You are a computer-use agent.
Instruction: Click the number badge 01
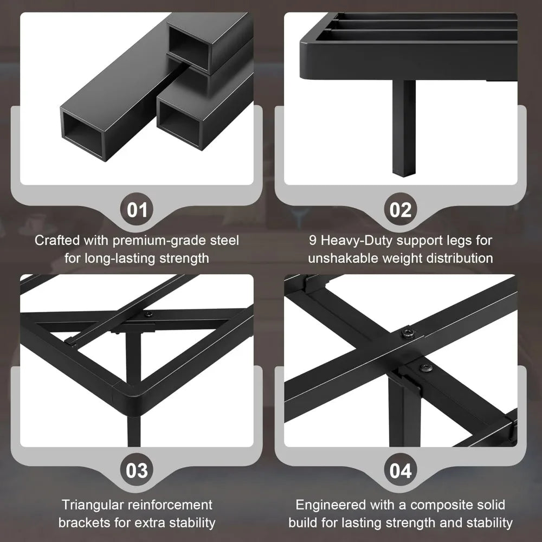(137, 210)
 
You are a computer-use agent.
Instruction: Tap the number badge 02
(401, 210)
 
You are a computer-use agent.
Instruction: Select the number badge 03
(137, 470)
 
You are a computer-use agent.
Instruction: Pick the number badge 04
(401, 470)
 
